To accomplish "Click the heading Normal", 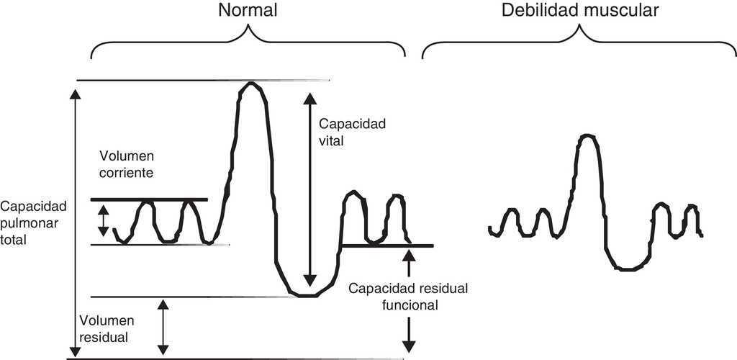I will pos(248,11).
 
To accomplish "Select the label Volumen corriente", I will pos(128,165).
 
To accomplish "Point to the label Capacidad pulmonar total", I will pos(34,223).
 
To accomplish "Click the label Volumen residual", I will pos(104,328).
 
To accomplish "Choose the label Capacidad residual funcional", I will pos(408,296).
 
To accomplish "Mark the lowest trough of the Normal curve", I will pos(307,294).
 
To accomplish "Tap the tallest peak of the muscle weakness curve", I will pos(587,135).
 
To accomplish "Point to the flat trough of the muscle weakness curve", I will pos(629,269).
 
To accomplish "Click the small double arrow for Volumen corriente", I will pos(104,221).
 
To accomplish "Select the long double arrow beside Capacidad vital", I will pos(309,190).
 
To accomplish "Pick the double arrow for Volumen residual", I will pos(164,327).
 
